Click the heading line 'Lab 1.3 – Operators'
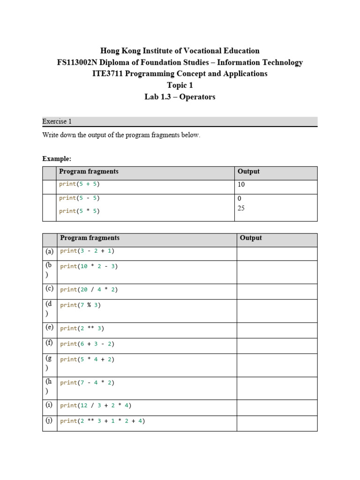(180, 97)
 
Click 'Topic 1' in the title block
(180, 85)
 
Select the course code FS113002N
(79, 62)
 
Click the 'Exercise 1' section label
(57, 121)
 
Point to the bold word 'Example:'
(57, 159)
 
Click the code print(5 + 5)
(79, 184)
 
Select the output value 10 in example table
(241, 185)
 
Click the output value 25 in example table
(241, 208)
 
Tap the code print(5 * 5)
(79, 211)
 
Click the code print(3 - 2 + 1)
(87, 251)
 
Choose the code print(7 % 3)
(80, 305)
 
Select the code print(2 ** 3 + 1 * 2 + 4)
(102, 421)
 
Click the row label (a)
(50, 251)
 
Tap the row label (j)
(50, 420)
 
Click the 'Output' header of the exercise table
(251, 238)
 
